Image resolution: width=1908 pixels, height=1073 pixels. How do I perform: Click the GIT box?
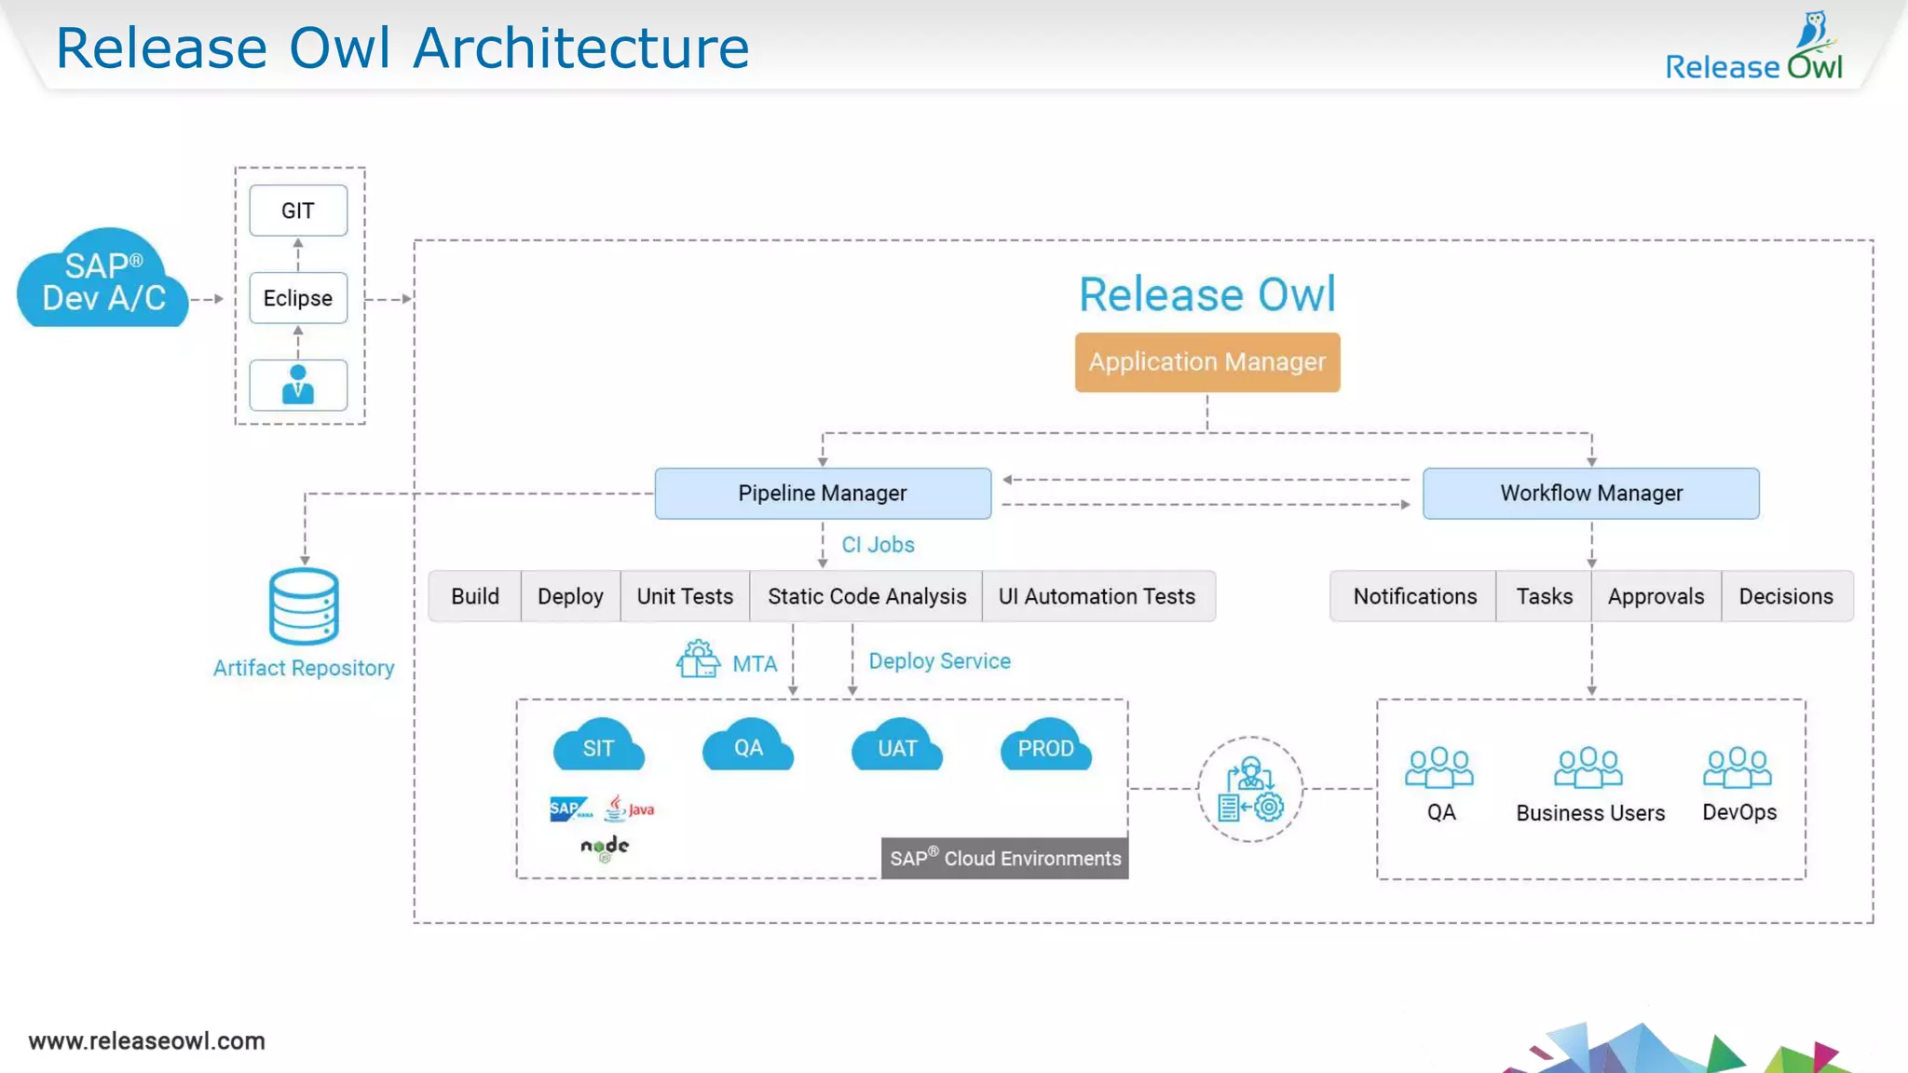tap(298, 211)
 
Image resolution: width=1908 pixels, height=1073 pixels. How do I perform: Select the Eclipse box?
tap(298, 298)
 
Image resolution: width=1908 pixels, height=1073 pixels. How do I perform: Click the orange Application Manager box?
tap(1207, 362)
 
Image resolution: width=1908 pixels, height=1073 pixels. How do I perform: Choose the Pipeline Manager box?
tap(823, 494)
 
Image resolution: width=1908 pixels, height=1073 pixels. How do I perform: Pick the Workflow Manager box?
tap(1591, 494)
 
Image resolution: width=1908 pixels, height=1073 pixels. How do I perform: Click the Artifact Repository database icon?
tap(304, 606)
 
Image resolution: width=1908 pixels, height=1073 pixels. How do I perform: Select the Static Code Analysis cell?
tap(866, 596)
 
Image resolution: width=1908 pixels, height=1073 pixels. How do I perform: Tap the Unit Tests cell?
tap(685, 596)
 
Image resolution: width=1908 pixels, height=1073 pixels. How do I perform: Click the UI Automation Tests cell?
tap(1097, 596)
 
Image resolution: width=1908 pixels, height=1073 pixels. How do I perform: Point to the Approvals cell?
tap(1656, 596)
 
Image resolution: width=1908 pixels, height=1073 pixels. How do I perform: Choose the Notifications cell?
tap(1414, 596)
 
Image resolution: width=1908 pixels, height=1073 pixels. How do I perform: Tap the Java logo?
tap(630, 808)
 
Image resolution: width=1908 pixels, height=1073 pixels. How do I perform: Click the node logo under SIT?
tap(605, 847)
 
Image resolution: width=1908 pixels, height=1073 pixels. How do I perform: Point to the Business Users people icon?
tap(1588, 768)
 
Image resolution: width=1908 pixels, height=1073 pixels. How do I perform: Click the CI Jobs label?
tap(878, 545)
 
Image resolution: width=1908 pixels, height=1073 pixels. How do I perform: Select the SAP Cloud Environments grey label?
tap(1004, 858)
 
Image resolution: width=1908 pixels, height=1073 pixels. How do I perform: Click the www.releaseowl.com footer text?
tap(147, 1040)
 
